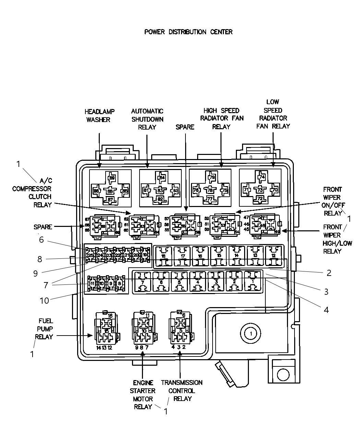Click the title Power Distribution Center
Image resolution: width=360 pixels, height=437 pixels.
188,32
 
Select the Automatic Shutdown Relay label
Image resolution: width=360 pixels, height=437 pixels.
147,119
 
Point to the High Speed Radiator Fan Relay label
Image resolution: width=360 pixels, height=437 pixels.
221,119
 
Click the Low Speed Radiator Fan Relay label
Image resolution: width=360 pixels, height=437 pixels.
273,114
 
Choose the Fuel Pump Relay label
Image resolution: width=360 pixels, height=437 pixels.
45,329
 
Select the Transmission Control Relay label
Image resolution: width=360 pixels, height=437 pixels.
182,390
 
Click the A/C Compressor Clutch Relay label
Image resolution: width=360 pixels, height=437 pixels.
37,193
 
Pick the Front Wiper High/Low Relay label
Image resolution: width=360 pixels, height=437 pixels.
332,239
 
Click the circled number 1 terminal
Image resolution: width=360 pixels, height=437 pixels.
251,333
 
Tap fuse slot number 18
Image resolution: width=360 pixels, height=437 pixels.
164,256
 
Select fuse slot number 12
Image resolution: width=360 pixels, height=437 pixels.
274,256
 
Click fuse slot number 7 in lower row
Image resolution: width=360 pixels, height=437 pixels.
142,282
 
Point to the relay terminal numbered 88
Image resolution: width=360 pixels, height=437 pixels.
110,191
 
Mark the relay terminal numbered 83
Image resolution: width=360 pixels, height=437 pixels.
160,191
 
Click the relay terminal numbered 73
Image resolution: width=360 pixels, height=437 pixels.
260,190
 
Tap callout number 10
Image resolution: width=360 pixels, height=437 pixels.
44,301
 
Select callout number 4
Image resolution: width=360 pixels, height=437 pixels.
326,310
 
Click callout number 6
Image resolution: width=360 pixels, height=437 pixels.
41,240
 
